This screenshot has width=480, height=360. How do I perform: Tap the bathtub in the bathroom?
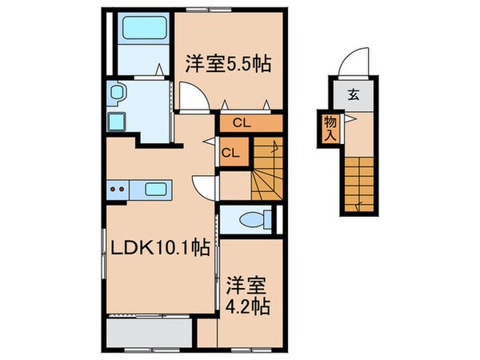[x=142, y=36]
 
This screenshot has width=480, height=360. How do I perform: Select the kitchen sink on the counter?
[x=158, y=190]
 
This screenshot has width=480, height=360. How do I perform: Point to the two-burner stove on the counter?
[x=118, y=190]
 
